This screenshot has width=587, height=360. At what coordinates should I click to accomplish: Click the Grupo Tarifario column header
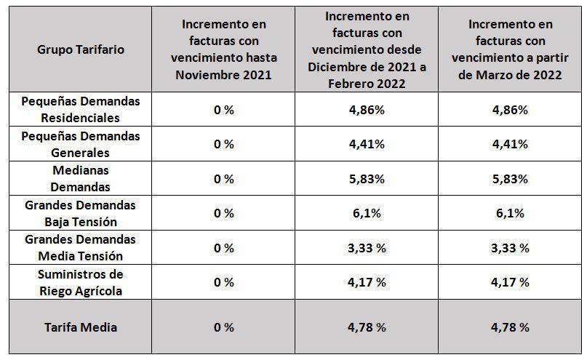coord(81,49)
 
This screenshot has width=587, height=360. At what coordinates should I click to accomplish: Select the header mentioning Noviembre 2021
coord(224,49)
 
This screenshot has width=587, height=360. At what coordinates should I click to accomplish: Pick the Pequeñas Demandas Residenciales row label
coord(81,109)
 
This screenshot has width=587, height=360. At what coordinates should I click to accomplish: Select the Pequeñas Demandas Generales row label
coord(81,144)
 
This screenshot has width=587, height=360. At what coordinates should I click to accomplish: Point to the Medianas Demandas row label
coord(81,179)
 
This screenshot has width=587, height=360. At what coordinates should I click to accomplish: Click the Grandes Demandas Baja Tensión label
coord(81,214)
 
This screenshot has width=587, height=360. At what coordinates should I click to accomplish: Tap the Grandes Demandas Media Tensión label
coord(81,248)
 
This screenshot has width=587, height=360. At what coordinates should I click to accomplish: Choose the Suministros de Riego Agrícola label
coord(81,282)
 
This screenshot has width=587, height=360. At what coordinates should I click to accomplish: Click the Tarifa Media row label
coord(81,327)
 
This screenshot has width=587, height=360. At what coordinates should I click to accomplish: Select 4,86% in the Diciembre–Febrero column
coord(367,110)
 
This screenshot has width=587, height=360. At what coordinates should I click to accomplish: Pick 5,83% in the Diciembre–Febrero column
coord(367,179)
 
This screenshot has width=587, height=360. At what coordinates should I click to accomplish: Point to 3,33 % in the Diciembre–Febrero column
coord(367,248)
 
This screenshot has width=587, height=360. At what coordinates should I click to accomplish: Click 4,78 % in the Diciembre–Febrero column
coord(367,327)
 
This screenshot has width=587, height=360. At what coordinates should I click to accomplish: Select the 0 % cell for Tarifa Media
coord(224,327)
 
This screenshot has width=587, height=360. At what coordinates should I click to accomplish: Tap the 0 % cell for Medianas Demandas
coord(224,179)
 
